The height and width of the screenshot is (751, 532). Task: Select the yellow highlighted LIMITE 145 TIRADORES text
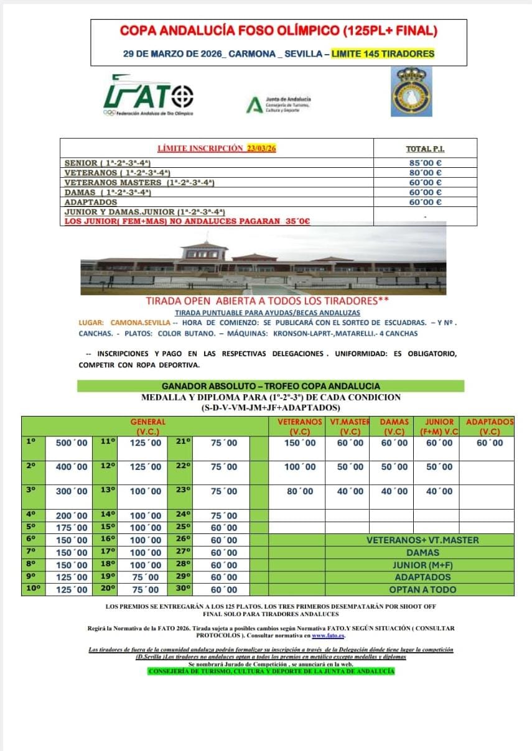383,54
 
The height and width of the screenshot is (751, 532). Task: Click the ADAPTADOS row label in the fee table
91,202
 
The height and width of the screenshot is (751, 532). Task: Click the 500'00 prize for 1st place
72,443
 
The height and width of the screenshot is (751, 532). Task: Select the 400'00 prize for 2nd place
72,467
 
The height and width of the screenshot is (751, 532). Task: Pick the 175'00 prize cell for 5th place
72,528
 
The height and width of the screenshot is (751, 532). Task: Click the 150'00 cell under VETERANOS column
300,443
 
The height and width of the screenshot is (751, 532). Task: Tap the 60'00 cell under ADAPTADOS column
490,443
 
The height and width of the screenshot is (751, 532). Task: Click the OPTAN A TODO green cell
422,589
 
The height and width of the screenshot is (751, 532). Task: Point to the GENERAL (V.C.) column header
147,426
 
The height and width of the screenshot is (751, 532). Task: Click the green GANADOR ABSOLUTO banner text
271,386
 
